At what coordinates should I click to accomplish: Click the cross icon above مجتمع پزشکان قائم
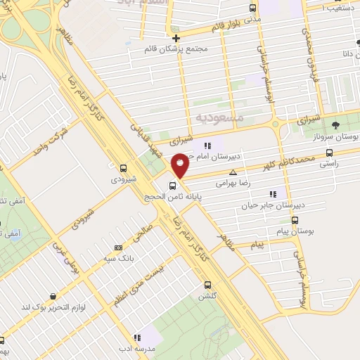[x=175, y=38]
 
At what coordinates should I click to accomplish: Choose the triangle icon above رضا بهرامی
[x=233, y=172]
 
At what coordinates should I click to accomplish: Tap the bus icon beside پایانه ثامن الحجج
[x=172, y=186]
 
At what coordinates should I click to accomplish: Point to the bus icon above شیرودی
[x=124, y=169]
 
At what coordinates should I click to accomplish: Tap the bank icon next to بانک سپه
[x=117, y=247]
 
